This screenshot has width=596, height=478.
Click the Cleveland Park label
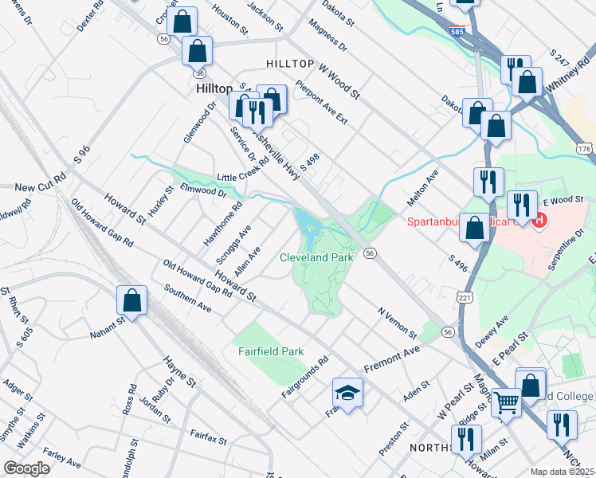tap(316, 258)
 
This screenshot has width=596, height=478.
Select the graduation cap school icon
tap(347, 392)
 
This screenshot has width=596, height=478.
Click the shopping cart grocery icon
tap(505, 403)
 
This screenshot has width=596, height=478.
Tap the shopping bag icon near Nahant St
tap(132, 301)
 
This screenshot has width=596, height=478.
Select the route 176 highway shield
tap(585, 149)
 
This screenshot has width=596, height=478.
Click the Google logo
tap(27, 468)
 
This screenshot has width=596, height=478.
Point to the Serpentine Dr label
tap(570, 253)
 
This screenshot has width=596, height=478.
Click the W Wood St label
tap(339, 82)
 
